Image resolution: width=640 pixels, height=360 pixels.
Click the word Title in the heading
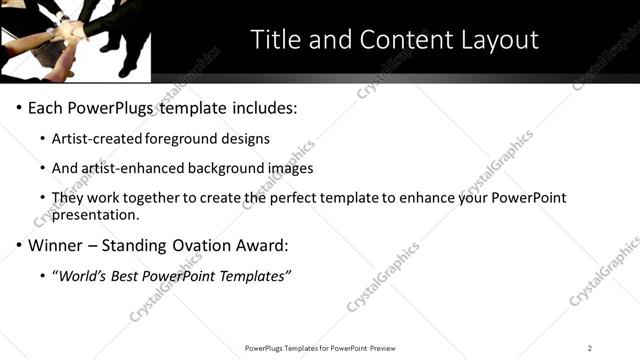point(275,40)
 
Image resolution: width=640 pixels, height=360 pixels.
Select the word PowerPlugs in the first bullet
point(115,107)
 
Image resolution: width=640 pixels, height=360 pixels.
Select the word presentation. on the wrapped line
point(96,214)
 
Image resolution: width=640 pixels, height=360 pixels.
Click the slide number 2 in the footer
point(590,348)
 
